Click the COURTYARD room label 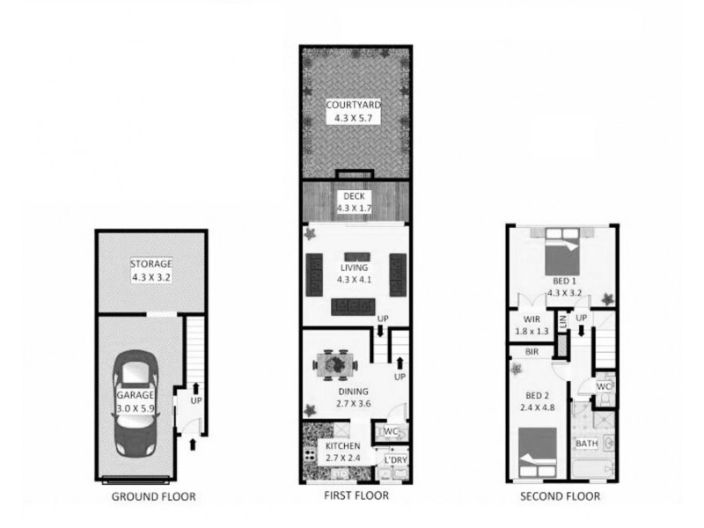pyautogui.click(x=354, y=105)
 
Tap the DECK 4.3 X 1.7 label pyautogui.click(x=354, y=202)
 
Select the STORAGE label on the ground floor pyautogui.click(x=151, y=263)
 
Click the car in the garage pyautogui.click(x=136, y=404)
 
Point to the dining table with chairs pyautogui.click(x=335, y=363)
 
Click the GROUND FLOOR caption pyautogui.click(x=153, y=496)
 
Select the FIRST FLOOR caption pyautogui.click(x=356, y=495)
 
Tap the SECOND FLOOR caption pyautogui.click(x=560, y=496)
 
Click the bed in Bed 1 pyautogui.click(x=562, y=252)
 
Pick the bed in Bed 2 pyautogui.click(x=538, y=452)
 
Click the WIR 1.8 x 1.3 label pyautogui.click(x=532, y=326)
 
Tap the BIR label pyautogui.click(x=532, y=352)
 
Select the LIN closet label pyautogui.click(x=562, y=321)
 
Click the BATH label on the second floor pyautogui.click(x=587, y=444)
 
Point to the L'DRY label pyautogui.click(x=396, y=459)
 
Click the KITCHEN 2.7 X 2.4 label pyautogui.click(x=343, y=452)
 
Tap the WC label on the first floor pyautogui.click(x=391, y=431)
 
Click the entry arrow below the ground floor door pyautogui.click(x=193, y=444)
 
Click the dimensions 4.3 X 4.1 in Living pyautogui.click(x=355, y=280)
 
